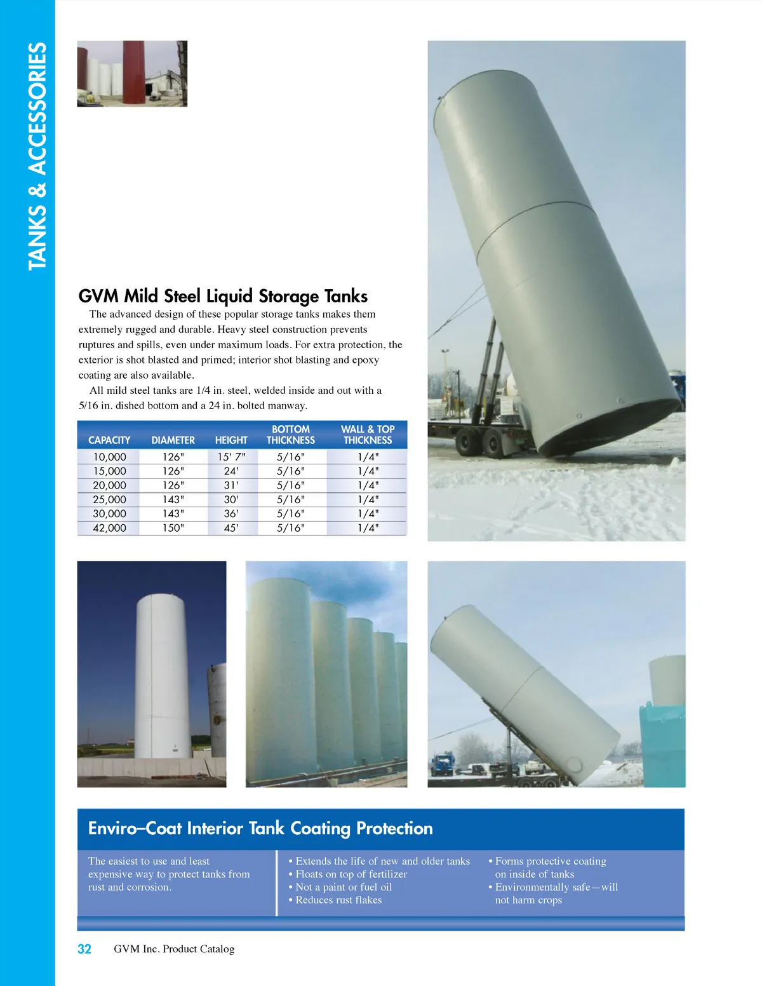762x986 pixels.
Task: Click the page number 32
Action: click(84, 949)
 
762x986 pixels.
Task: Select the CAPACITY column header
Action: click(109, 440)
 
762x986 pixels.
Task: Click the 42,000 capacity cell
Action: click(109, 528)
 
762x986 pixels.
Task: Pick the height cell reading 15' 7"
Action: click(231, 457)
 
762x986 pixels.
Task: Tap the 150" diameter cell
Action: click(173, 528)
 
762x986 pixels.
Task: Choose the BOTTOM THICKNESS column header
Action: click(291, 435)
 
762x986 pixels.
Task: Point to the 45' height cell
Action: click(231, 528)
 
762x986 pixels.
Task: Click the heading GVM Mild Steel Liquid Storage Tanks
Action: click(223, 296)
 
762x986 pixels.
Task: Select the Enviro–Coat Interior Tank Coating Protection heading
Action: click(260, 828)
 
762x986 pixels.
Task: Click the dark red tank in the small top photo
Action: click(133, 72)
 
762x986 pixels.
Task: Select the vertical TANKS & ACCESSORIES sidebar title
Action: click(37, 156)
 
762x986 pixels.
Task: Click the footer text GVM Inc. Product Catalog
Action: click(174, 949)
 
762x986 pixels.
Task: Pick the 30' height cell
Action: click(231, 500)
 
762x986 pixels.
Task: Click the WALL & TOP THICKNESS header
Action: click(368, 435)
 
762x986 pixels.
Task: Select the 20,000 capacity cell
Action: click(109, 485)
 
